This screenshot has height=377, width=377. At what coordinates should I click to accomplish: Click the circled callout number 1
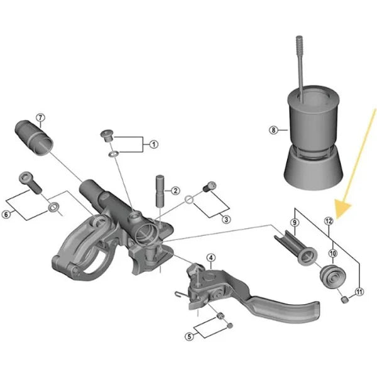tap(154, 145)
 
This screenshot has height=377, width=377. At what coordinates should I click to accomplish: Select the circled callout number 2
tap(176, 190)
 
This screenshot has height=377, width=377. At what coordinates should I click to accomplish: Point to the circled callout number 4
tap(211, 258)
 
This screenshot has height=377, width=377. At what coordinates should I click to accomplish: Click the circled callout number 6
tap(6, 214)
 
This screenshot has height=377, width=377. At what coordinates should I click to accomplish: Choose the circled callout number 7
tap(40, 117)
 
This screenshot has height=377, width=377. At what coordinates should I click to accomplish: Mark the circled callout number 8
tap(273, 130)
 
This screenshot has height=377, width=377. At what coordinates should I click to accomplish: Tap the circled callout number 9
tap(293, 223)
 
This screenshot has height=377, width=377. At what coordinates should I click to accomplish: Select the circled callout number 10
tap(333, 253)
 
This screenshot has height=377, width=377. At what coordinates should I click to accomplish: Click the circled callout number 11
tap(359, 291)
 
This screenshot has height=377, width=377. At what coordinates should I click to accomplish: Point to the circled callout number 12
tap(328, 221)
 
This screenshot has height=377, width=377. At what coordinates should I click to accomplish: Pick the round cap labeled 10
tap(332, 275)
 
